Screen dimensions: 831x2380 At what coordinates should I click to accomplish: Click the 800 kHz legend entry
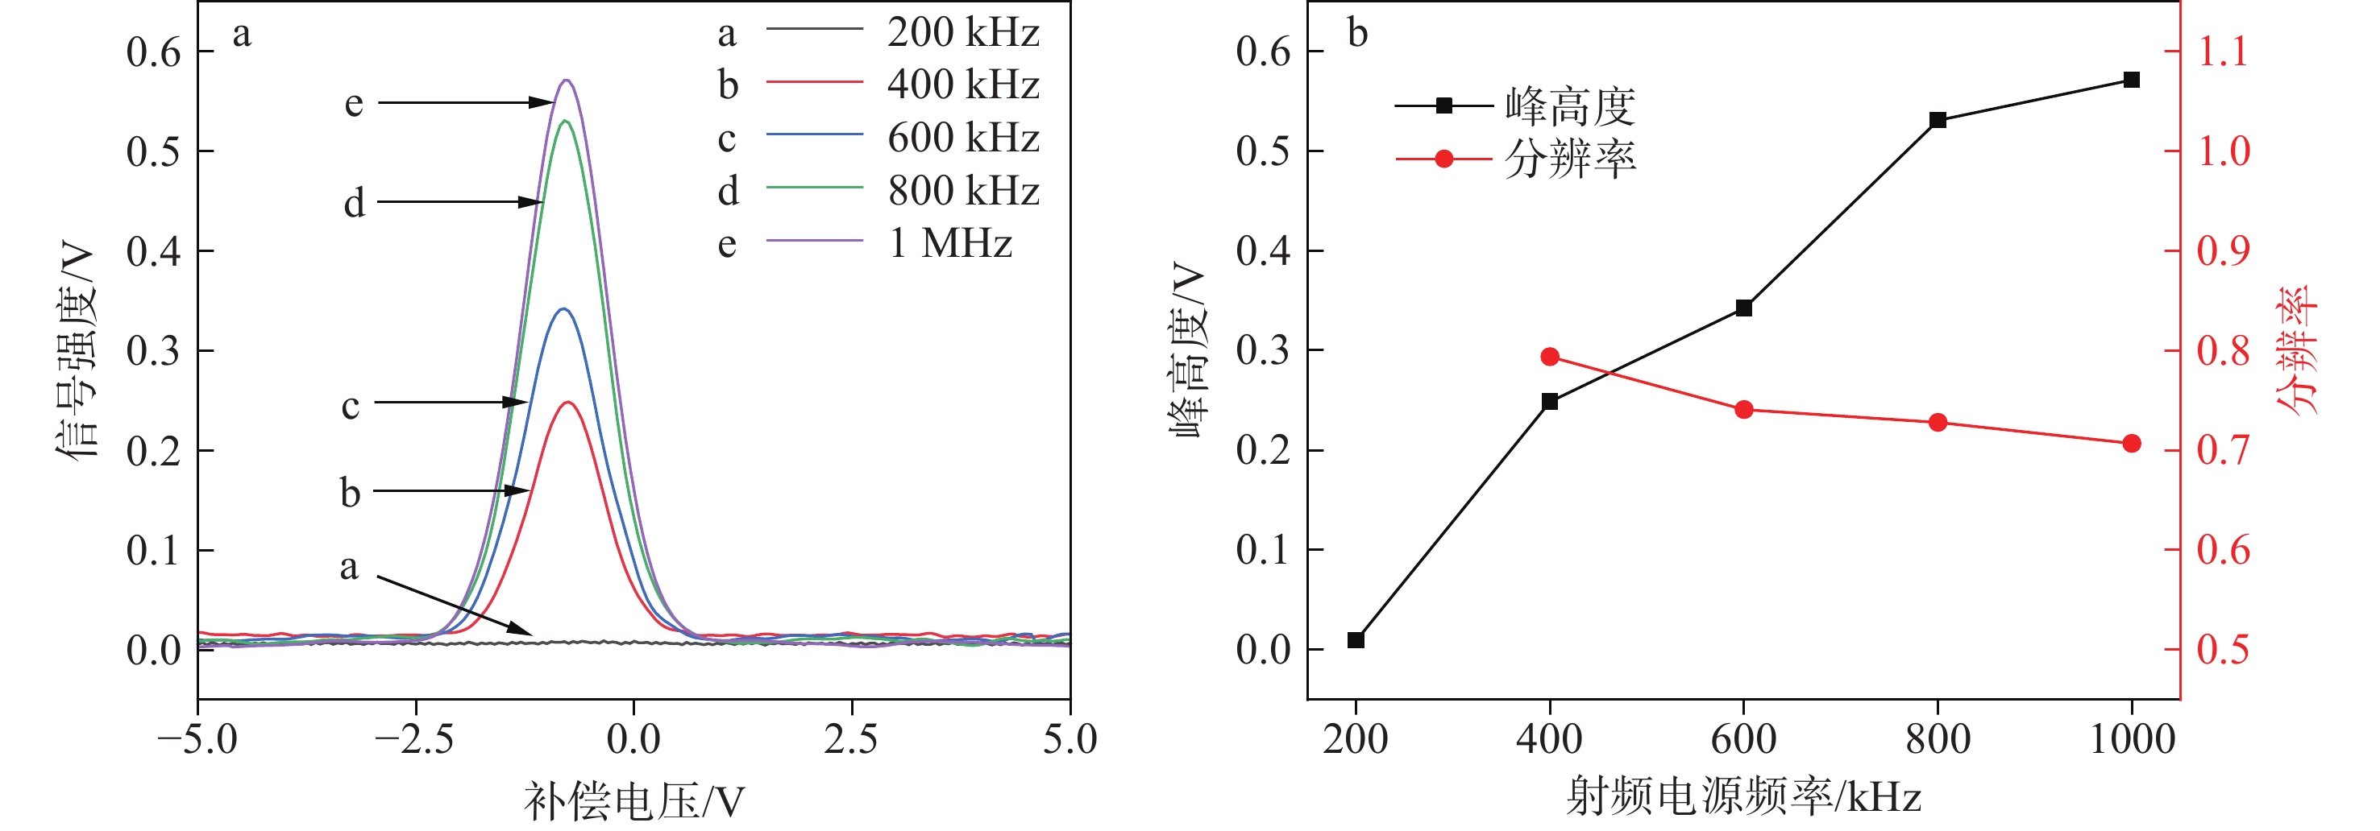(x=962, y=190)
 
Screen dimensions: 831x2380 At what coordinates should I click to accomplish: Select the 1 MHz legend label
(x=949, y=243)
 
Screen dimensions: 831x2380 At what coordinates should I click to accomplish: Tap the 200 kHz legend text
(x=962, y=32)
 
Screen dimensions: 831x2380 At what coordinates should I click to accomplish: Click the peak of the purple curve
(x=567, y=81)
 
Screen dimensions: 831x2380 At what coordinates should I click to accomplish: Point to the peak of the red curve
(x=568, y=402)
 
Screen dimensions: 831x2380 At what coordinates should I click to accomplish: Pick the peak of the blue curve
(x=563, y=308)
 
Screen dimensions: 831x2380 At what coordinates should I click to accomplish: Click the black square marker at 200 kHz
(x=1356, y=640)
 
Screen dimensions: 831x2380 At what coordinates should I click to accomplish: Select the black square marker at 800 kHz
(x=1938, y=120)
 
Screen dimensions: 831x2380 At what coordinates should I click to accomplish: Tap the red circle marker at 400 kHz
(x=1551, y=358)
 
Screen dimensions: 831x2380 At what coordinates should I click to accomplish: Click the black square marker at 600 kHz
(x=1744, y=308)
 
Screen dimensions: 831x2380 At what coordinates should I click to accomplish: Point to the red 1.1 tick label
(x=2223, y=52)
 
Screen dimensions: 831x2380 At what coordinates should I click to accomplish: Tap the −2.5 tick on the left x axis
(x=415, y=739)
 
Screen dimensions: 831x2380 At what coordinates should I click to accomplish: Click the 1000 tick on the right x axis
(x=2132, y=739)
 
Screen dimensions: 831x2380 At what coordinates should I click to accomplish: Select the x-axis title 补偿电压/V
(x=633, y=800)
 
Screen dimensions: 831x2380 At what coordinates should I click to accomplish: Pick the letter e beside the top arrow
(x=354, y=102)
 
